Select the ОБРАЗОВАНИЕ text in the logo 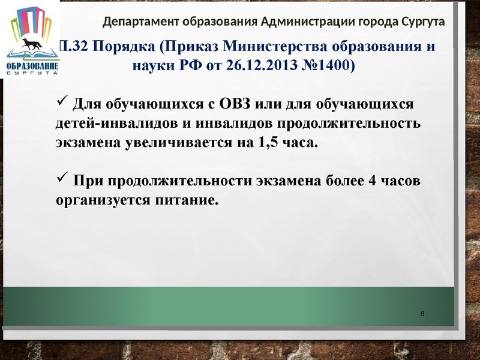tap(32, 65)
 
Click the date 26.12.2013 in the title tap(257, 65)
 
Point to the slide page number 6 tap(423, 315)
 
